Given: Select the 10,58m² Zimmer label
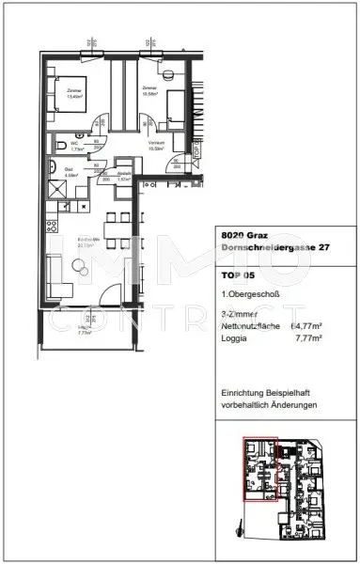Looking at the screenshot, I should (x=148, y=91).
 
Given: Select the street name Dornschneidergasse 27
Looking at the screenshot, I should (x=267, y=248).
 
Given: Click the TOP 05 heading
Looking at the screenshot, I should (x=238, y=275).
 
